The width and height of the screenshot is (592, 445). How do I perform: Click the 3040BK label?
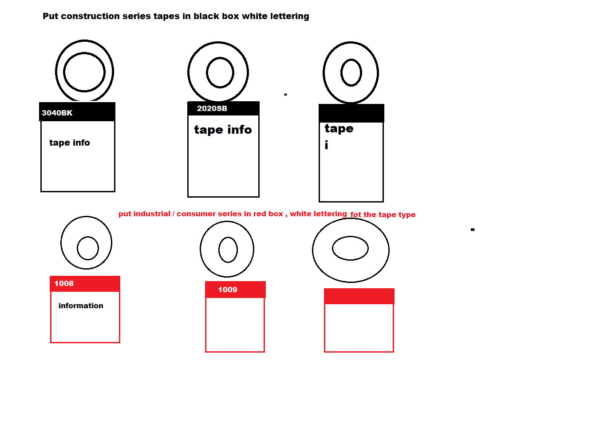point(57,113)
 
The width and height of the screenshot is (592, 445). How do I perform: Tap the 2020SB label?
point(212,108)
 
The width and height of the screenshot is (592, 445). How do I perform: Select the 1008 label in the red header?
point(64,283)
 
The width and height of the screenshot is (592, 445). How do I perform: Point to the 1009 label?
point(228,290)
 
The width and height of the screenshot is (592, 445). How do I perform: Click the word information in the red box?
point(81,306)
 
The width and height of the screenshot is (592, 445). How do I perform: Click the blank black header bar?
point(351,113)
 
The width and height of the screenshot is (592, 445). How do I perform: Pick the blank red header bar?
point(359,296)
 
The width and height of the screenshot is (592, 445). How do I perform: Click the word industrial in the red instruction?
point(152,214)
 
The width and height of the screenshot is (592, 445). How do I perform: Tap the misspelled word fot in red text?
point(355,215)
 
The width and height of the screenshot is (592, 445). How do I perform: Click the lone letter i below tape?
point(326,145)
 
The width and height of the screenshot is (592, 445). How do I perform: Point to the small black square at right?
point(473,230)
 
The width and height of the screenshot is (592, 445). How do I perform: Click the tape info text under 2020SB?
point(223,130)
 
